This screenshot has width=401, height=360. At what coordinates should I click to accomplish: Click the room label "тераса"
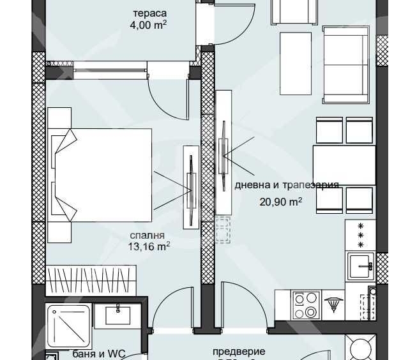click(x=149, y=13)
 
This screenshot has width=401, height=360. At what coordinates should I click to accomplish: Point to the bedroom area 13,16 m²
click(x=149, y=246)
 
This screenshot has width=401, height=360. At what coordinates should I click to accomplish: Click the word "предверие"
click(x=239, y=351)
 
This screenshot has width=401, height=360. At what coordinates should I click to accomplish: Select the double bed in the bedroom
click(x=102, y=174)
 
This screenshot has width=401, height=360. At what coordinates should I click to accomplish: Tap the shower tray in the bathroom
click(x=68, y=326)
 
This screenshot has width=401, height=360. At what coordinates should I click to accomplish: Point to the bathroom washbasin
click(x=117, y=315)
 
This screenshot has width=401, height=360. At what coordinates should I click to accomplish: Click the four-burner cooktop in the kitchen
click(x=305, y=304)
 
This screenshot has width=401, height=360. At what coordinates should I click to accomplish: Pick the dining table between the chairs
click(x=344, y=165)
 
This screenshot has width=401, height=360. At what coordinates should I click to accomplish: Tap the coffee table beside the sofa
click(x=296, y=64)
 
